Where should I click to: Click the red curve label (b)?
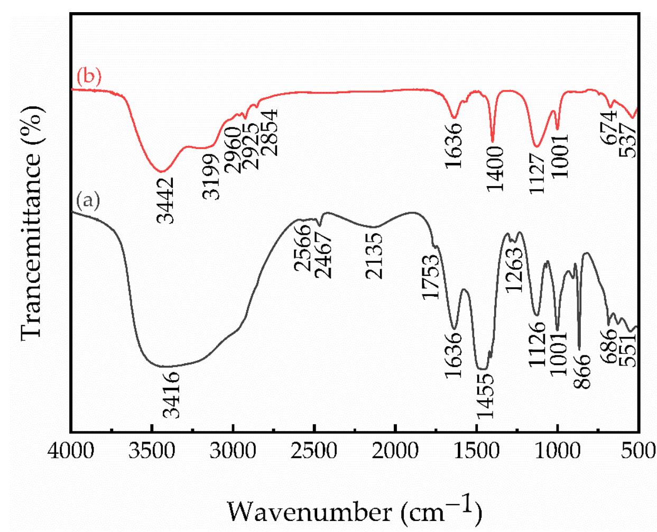click(89, 77)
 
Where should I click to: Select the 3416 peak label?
click(171, 395)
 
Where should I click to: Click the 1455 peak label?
click(484, 395)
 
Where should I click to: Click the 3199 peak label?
click(211, 177)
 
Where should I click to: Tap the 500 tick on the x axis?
click(639, 452)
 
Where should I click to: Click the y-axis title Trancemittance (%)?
click(33, 222)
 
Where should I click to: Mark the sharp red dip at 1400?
click(493, 141)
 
